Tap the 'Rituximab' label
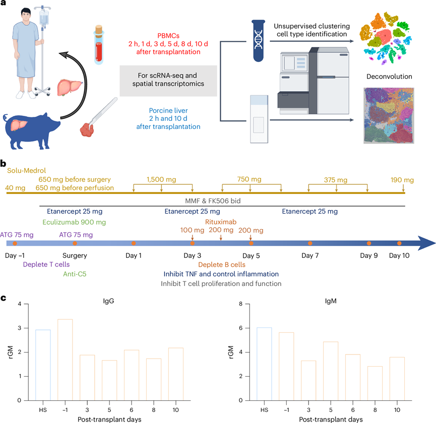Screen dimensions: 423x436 click(x=220, y=222)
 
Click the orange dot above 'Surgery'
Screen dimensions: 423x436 click(x=75, y=244)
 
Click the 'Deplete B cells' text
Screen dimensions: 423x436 click(x=221, y=265)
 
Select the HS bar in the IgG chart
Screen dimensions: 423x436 click(x=43, y=365)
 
